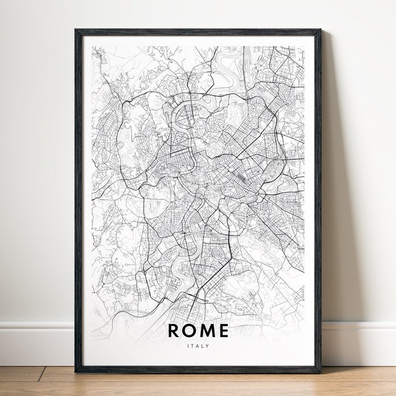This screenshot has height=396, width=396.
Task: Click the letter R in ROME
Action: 173,330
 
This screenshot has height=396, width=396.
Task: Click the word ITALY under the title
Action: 198,344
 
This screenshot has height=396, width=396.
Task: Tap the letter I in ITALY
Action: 189,344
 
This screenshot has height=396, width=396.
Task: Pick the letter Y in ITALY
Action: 207,344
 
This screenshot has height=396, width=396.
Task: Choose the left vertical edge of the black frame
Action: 78,198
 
